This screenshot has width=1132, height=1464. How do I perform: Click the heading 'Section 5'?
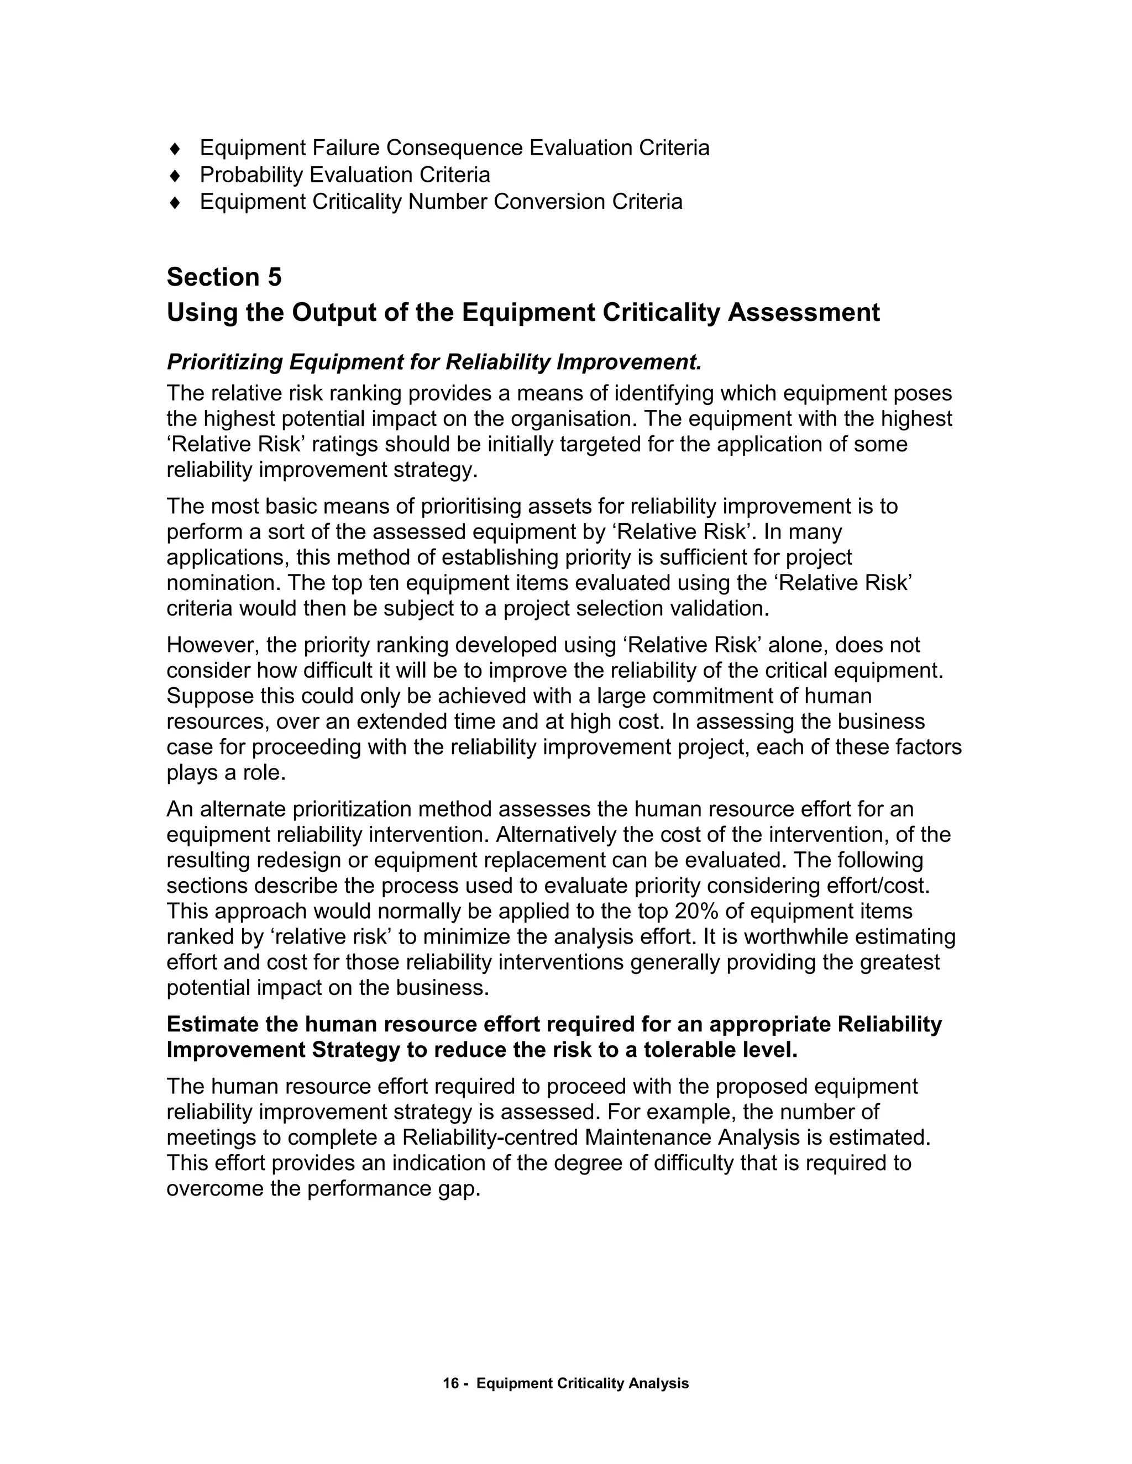click(224, 277)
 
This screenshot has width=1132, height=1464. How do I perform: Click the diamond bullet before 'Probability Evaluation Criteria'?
click(176, 176)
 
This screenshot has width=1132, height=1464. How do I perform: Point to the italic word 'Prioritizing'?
click(226, 362)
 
